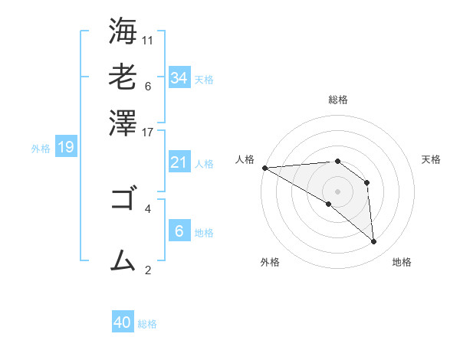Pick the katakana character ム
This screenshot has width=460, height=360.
coord(123,260)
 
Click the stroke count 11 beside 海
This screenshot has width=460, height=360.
coord(148,40)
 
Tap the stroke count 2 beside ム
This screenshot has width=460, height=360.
coord(147,269)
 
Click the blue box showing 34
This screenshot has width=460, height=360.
coord(179,78)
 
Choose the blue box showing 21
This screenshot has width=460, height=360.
coord(179,162)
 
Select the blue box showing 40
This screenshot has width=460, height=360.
coord(123,322)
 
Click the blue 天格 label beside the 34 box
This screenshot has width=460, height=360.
coord(204,80)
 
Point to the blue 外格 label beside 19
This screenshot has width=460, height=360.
coord(41,149)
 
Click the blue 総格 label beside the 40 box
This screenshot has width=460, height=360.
coord(147,324)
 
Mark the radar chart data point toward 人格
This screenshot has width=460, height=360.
coord(264,168)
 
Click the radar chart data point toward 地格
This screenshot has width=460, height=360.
coord(373,242)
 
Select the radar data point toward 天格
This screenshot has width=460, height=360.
coord(367,183)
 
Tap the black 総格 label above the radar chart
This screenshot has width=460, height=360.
coord(337,100)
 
